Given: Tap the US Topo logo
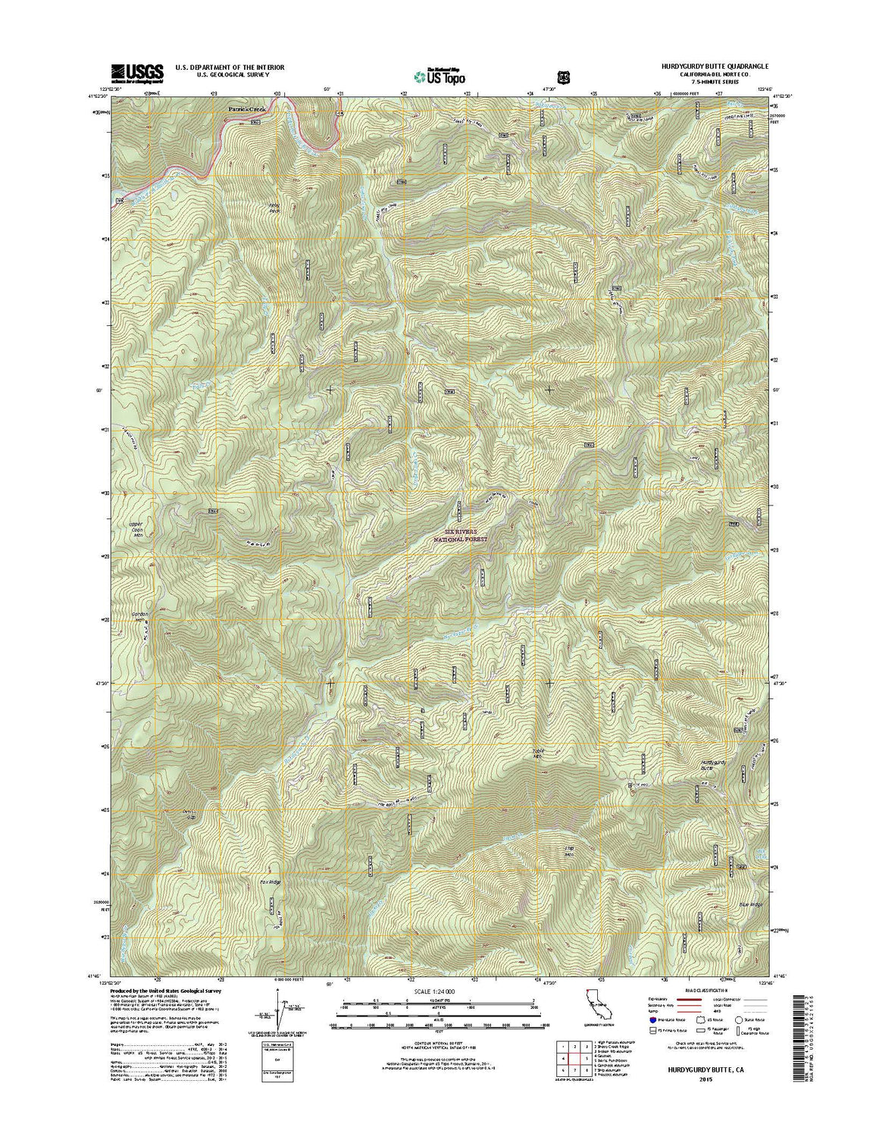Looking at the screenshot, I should [x=439, y=76].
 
